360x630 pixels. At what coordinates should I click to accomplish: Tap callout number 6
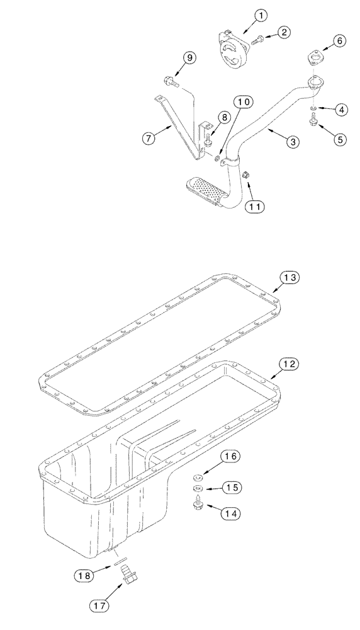click(339, 40)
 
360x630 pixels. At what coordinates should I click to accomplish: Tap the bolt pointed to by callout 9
click(170, 81)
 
